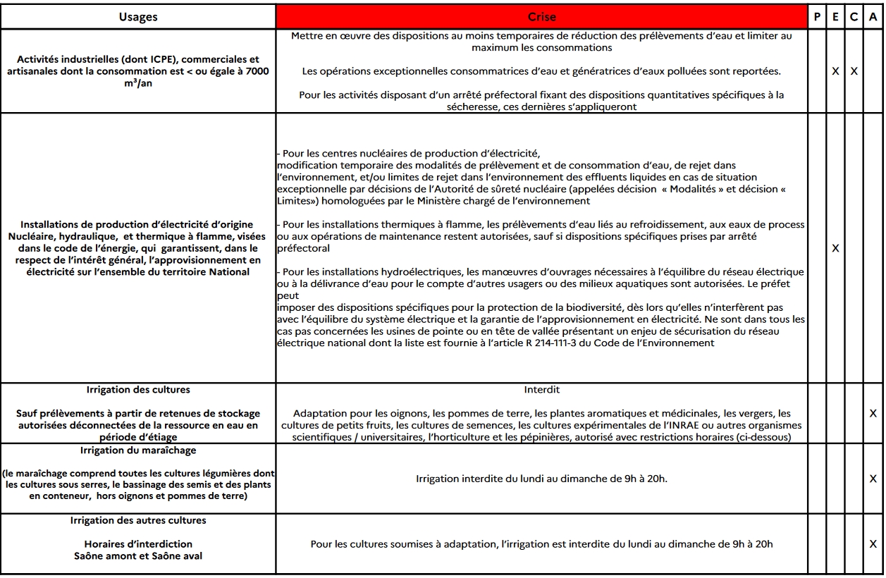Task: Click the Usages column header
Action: coord(138,17)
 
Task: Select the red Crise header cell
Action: coord(541,17)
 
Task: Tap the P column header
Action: coord(816,17)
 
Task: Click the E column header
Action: coord(835,17)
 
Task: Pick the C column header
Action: coord(854,17)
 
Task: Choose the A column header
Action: coord(873,17)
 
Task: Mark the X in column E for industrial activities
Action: coord(835,71)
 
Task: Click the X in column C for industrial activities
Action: coord(854,71)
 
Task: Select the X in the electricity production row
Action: coord(835,248)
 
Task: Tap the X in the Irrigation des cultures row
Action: coord(873,413)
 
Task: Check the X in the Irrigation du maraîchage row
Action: coord(873,479)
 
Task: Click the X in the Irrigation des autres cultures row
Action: coord(873,543)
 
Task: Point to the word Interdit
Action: coord(541,390)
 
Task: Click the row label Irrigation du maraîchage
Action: coord(138,450)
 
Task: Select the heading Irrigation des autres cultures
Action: coord(138,520)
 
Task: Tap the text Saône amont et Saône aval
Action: coord(138,555)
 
